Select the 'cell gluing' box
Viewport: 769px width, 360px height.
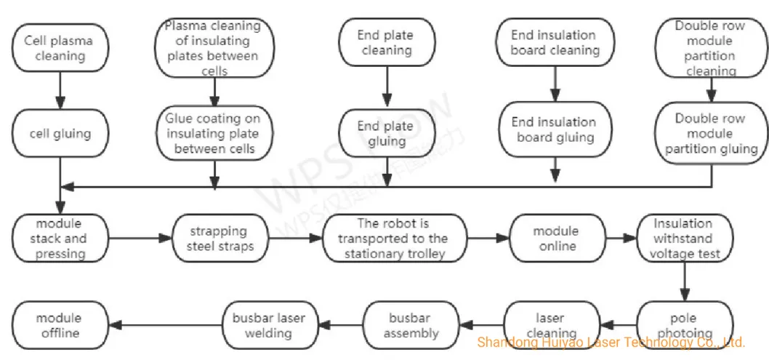click(x=60, y=133)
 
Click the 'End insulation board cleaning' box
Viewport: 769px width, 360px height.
click(x=554, y=42)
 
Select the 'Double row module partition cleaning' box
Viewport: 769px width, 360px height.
click(x=710, y=48)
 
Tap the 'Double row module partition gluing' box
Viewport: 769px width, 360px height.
click(x=710, y=133)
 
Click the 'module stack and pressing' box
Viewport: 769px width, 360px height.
click(x=60, y=238)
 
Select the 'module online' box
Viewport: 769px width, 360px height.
click(x=555, y=238)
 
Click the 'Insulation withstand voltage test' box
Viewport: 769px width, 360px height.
click(x=683, y=238)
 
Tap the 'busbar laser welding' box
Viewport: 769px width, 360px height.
click(x=269, y=325)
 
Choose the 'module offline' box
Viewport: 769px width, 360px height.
click(x=60, y=325)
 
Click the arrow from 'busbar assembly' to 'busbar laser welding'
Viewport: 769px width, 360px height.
click(x=342, y=325)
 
